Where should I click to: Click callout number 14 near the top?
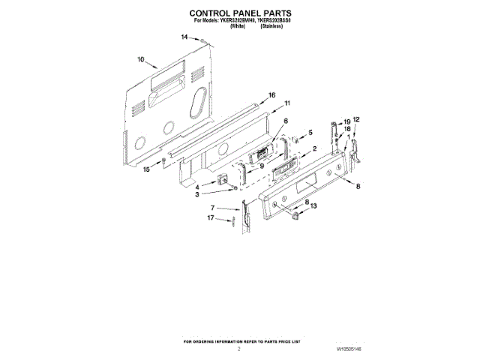pyautogui.click(x=184, y=37)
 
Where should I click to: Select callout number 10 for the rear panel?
pyautogui.click(x=140, y=59)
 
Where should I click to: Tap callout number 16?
pyautogui.click(x=272, y=95)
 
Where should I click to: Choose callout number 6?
pyautogui.click(x=285, y=121)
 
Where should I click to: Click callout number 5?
pyautogui.click(x=310, y=133)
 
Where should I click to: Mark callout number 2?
pyautogui.click(x=315, y=148)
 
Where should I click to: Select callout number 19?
pyautogui.click(x=346, y=121)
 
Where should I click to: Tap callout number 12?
pyautogui.click(x=357, y=119)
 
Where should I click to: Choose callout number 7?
pyautogui.click(x=212, y=207)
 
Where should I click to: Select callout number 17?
pyautogui.click(x=211, y=218)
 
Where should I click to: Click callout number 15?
pyautogui.click(x=147, y=169)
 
